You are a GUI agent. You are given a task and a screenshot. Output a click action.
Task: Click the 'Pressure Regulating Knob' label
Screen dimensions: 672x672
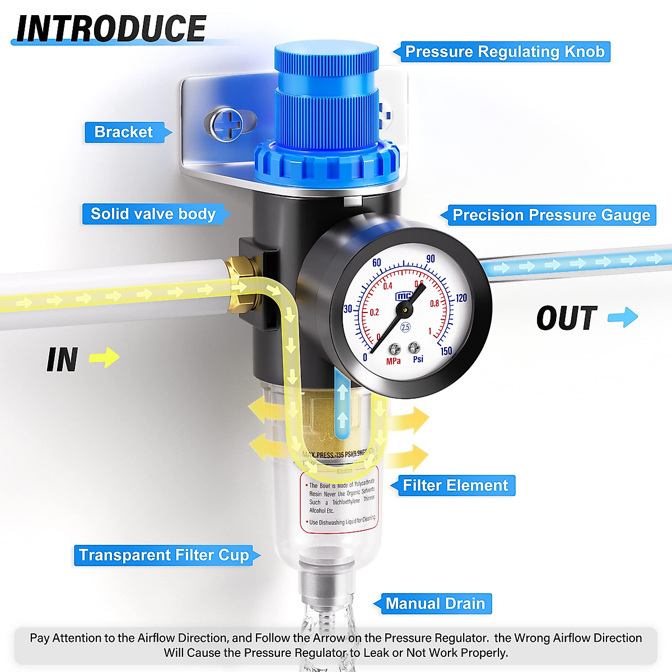pos(505,52)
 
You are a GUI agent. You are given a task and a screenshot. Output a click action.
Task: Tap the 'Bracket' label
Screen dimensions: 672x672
pos(124,132)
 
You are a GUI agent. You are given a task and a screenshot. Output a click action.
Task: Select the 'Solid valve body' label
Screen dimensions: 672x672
pos(153,214)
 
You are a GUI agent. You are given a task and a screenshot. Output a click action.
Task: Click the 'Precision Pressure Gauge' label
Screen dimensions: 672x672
pos(551,216)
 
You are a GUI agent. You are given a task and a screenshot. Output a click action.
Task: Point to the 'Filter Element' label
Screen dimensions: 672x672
pos(455,486)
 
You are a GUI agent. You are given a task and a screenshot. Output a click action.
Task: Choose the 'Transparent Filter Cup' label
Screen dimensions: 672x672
pos(164,555)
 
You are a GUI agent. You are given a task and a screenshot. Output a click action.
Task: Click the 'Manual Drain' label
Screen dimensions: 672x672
pos(435,604)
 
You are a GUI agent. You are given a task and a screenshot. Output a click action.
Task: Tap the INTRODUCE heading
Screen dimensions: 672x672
pos(111,29)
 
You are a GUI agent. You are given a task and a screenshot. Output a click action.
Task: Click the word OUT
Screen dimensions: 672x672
pos(567,318)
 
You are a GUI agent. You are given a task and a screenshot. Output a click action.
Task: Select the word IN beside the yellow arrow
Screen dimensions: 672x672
pos(62,360)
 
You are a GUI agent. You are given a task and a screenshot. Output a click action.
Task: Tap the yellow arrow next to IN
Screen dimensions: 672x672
pos(105,357)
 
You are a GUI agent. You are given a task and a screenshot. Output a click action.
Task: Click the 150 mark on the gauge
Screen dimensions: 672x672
pos(446,351)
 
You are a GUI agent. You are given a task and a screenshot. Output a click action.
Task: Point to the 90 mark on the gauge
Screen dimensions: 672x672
pos(430,259)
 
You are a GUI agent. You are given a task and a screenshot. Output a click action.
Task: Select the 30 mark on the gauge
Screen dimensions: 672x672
pos(348,309)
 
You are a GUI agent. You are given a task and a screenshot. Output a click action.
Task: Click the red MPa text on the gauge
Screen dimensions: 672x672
pos(393,361)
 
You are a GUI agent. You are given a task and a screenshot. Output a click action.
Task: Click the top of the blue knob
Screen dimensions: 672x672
pos(326,53)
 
